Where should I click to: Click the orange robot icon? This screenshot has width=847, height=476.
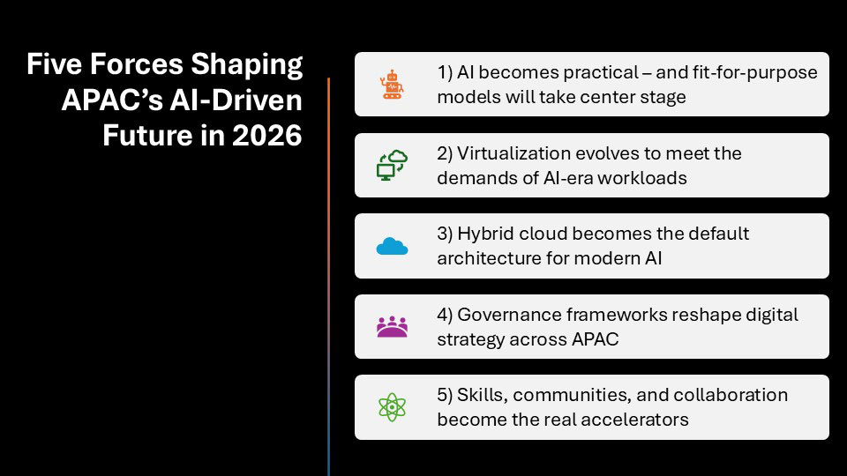click(x=392, y=85)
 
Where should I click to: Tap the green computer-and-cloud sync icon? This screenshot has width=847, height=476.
click(x=392, y=165)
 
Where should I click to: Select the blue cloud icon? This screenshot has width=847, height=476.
click(x=392, y=246)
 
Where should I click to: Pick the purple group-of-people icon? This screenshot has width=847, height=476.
click(x=392, y=327)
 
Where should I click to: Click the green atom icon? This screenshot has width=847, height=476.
click(x=392, y=407)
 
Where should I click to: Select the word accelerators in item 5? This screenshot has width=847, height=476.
click(x=635, y=419)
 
